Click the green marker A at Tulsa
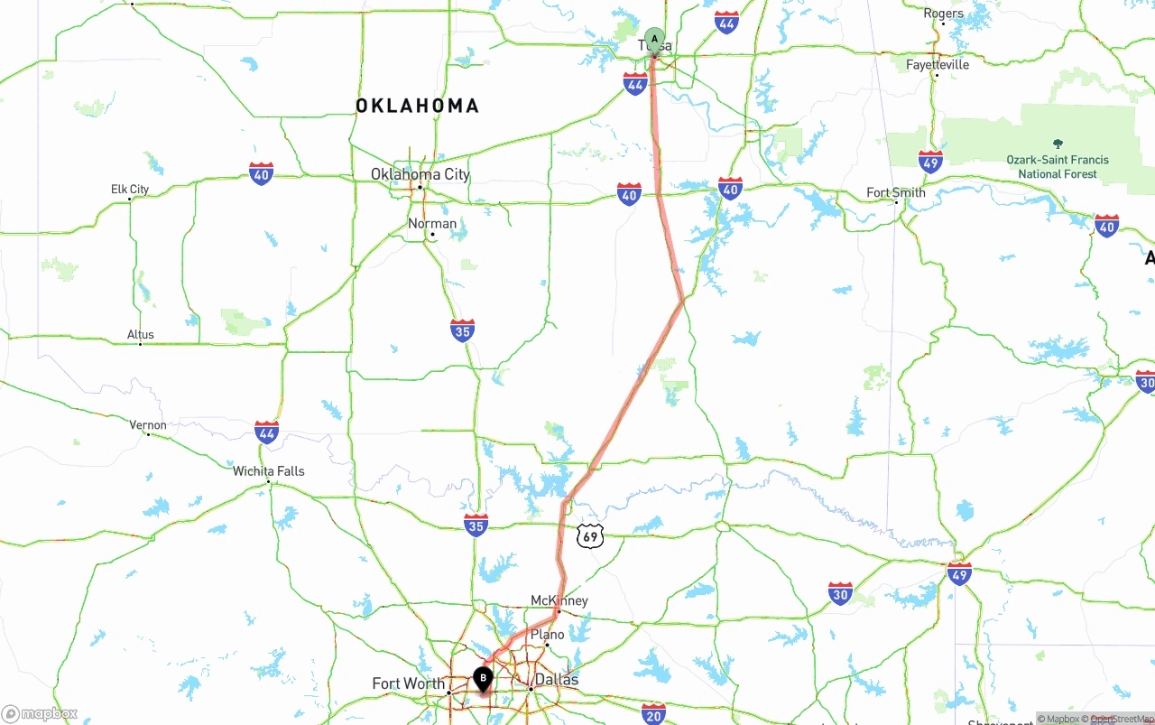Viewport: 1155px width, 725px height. pyautogui.click(x=654, y=41)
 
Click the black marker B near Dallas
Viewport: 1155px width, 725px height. pyautogui.click(x=484, y=678)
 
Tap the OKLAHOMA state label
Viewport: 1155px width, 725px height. pyautogui.click(x=417, y=107)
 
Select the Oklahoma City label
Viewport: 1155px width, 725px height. pyautogui.click(x=420, y=174)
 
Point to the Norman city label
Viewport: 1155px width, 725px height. pyautogui.click(x=432, y=223)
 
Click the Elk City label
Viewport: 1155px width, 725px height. pyautogui.click(x=130, y=190)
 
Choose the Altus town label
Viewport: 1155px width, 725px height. pyautogui.click(x=141, y=335)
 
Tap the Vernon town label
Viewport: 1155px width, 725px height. pyautogui.click(x=148, y=425)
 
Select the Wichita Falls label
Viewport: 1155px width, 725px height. pyautogui.click(x=269, y=471)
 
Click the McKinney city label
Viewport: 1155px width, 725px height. pyautogui.click(x=559, y=600)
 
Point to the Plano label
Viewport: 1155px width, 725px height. pyautogui.click(x=547, y=635)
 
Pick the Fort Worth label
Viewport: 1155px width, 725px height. pyautogui.click(x=408, y=683)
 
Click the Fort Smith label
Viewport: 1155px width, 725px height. pyautogui.click(x=896, y=192)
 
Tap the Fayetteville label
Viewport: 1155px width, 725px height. pyautogui.click(x=938, y=65)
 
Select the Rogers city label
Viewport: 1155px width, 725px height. pyautogui.click(x=943, y=14)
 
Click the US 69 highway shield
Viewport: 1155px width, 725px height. pyautogui.click(x=590, y=537)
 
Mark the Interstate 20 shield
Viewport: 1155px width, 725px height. pyautogui.click(x=653, y=713)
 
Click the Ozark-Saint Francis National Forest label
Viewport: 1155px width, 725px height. pyautogui.click(x=1058, y=167)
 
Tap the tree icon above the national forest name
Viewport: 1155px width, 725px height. pyautogui.click(x=1058, y=144)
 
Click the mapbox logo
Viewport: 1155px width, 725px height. pyautogui.click(x=40, y=713)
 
